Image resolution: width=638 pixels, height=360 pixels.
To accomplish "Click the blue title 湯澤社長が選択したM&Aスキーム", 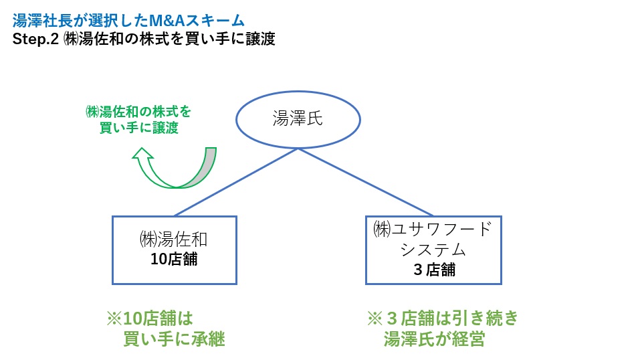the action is [x=128, y=20].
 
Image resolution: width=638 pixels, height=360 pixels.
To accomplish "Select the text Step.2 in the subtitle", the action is [x=35, y=39].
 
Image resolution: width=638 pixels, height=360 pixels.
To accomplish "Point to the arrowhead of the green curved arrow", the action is [x=142, y=153].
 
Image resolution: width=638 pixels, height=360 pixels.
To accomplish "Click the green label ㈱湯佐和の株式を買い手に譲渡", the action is [x=138, y=119].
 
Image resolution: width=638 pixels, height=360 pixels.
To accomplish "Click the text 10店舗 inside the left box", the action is [x=174, y=259].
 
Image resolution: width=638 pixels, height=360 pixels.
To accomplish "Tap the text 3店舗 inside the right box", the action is [x=434, y=270].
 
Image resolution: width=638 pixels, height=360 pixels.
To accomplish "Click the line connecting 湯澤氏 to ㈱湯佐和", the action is [x=236, y=182].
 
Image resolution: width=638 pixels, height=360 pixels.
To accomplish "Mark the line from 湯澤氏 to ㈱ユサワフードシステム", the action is [x=365, y=182].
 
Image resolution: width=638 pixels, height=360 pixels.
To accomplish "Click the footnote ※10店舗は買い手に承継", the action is [x=166, y=329].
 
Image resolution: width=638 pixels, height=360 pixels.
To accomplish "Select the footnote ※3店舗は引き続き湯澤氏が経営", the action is [x=443, y=329].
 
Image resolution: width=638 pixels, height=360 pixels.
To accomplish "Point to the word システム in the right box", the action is [x=433, y=250].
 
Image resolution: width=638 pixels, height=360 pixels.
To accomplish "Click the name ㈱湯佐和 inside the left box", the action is [x=174, y=239].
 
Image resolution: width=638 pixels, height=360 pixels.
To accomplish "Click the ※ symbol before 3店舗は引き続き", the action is [x=375, y=319].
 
